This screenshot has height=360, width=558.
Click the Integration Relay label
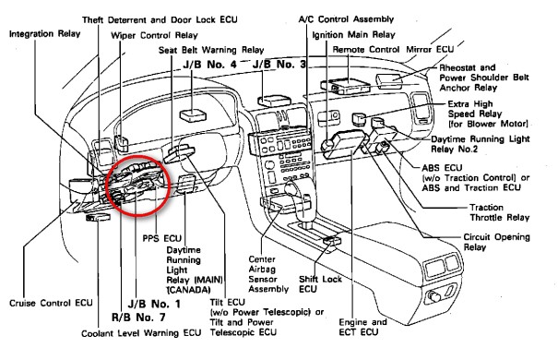pyautogui.click(x=44, y=34)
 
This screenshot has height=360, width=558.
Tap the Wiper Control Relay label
pyautogui.click(x=154, y=36)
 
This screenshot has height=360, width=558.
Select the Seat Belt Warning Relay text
pyautogui.click(x=211, y=50)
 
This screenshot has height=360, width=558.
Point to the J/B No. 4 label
pyautogui.click(x=209, y=65)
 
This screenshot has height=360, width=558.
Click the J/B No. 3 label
pyautogui.click(x=279, y=65)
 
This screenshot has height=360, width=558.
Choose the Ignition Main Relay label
pyautogui.click(x=353, y=35)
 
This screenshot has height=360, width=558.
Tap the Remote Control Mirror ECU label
pyautogui.click(x=393, y=50)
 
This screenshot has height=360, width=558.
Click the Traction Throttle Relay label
pyautogui.click(x=500, y=212)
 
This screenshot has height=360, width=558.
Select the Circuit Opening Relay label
pyautogui.click(x=496, y=242)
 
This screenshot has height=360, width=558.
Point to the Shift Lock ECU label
pyautogui.click(x=320, y=283)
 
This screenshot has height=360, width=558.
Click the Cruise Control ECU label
pyautogui.click(x=51, y=303)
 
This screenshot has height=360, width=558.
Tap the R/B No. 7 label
pyautogui.click(x=138, y=317)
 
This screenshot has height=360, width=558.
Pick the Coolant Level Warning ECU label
pyautogui.click(x=141, y=333)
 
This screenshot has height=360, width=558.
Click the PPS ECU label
pyautogui.click(x=162, y=238)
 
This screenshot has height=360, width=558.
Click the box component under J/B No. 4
pyautogui.click(x=194, y=115)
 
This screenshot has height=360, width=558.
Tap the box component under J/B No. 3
pyautogui.click(x=274, y=101)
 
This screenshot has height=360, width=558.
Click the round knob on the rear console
pyautogui.click(x=433, y=296)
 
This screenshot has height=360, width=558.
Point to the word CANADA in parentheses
pyautogui.click(x=188, y=290)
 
